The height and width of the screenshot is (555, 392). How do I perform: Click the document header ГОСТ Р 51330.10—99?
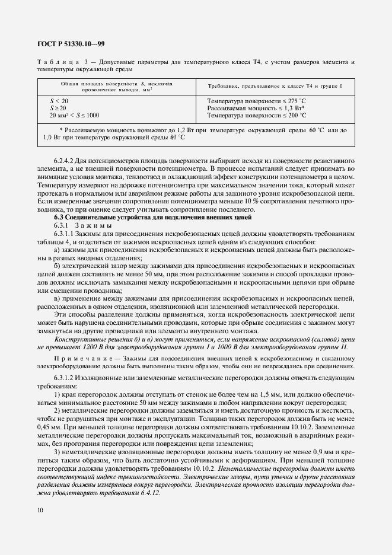[x=71, y=44]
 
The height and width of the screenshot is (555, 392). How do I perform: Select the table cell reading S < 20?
[x=60, y=101]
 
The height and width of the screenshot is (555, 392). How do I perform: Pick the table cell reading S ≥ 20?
[x=60, y=108]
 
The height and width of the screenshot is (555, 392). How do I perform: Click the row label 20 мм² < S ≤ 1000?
[x=75, y=115]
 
